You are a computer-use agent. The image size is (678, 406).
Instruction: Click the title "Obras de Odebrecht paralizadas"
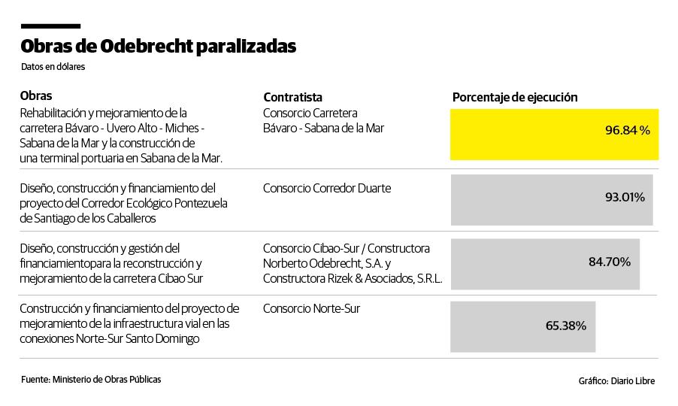(158, 47)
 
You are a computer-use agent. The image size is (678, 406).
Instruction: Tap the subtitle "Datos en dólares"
(53, 67)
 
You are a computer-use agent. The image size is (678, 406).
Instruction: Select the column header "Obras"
(36, 96)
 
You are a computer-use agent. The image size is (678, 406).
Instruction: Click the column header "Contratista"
(292, 97)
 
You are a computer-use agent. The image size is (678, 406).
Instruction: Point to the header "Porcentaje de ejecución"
(515, 97)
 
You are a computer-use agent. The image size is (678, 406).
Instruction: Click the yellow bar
(526, 134)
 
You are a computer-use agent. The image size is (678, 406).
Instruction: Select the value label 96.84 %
(627, 131)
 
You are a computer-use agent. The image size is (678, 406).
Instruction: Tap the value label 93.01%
(625, 197)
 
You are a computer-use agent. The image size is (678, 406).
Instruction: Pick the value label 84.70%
(609, 262)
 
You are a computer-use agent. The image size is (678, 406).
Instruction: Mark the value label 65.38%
(565, 326)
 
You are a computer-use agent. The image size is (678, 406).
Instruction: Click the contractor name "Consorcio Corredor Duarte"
(327, 188)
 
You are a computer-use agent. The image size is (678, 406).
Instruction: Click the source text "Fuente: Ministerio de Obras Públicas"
(91, 380)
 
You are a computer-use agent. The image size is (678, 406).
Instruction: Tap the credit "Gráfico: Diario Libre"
(616, 380)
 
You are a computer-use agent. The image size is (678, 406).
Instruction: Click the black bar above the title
(50, 26)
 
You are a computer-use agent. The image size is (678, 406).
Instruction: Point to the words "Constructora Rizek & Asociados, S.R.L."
(353, 279)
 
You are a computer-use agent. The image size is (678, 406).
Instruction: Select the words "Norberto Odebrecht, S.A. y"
(327, 263)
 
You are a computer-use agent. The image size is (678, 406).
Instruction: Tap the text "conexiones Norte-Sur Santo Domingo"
(110, 338)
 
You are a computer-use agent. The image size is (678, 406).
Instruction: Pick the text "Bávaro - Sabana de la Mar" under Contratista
(323, 129)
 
